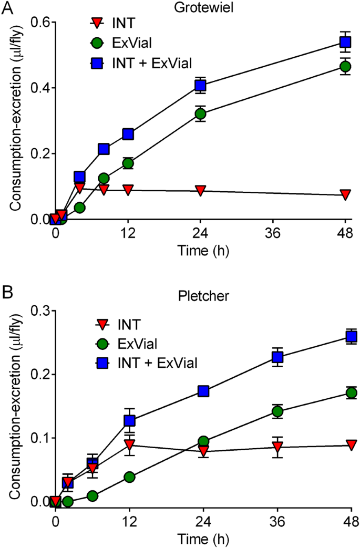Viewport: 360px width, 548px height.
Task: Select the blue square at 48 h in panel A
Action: coord(345,42)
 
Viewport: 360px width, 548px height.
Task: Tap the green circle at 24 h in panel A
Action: coord(200,113)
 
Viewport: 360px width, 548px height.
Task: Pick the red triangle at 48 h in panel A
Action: coord(345,195)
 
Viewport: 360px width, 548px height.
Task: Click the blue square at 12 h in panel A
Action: coord(128,134)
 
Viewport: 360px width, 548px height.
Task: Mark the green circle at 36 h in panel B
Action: coord(277,411)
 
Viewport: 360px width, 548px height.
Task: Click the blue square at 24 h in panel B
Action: coord(203,391)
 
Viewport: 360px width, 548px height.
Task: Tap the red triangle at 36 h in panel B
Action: coord(277,448)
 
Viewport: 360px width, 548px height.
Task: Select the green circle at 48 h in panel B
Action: coord(351,393)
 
